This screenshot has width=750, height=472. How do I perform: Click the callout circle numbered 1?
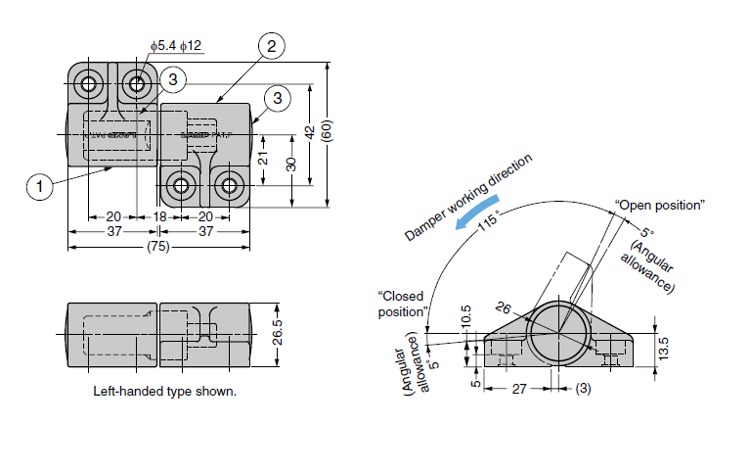coord(39,185)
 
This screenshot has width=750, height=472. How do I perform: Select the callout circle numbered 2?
coord(272,46)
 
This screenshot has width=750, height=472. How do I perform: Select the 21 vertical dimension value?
coord(264,158)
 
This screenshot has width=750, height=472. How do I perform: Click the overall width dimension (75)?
coord(157,247)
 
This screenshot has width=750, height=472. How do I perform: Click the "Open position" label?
coord(659,205)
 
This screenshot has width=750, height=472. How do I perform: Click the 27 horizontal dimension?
coord(518,389)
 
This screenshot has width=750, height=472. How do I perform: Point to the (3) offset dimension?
coord(584,389)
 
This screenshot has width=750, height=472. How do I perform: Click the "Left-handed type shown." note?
coord(164,391)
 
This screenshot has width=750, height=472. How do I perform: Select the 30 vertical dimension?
coord(290,164)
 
